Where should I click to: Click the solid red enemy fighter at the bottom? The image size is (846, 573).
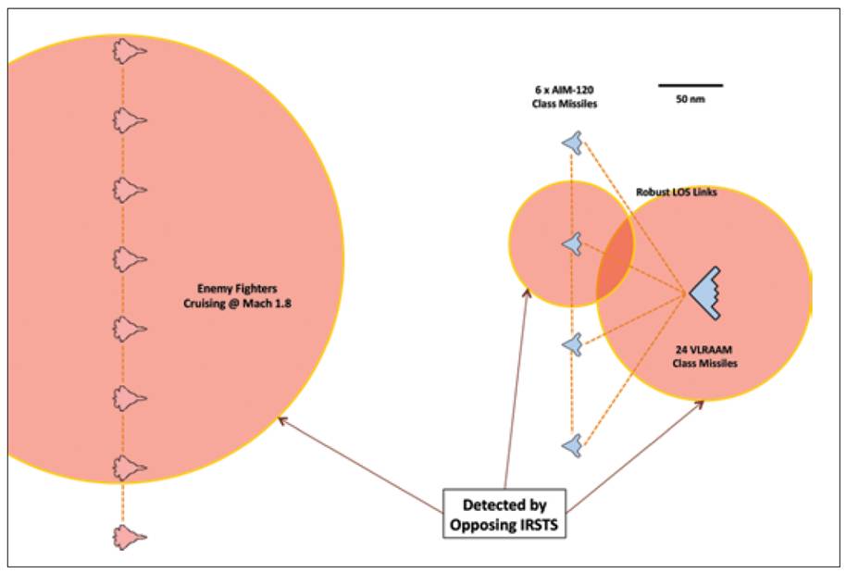(129, 536)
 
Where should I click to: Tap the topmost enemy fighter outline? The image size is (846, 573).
(129, 51)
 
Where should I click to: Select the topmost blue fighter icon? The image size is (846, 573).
(573, 143)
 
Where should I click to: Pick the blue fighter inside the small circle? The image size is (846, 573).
(573, 244)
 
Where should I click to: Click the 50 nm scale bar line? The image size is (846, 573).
(690, 85)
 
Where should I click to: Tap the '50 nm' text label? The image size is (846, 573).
(690, 99)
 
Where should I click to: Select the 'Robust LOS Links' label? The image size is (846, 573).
(677, 192)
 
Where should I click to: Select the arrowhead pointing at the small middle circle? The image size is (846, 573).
(529, 293)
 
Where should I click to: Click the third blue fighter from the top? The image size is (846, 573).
(573, 344)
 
